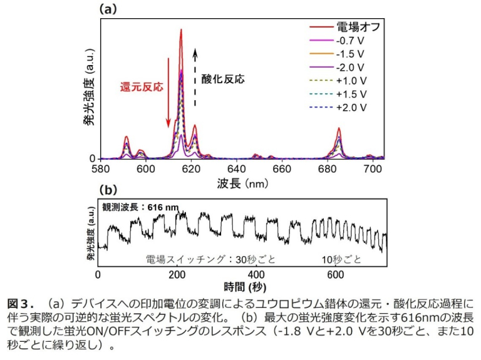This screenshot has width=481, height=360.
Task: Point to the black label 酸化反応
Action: pos(222,80)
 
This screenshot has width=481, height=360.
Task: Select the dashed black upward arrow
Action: pos(195,75)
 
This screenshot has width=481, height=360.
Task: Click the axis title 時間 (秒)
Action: pos(240,287)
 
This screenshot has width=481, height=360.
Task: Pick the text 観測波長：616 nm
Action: pos(137,206)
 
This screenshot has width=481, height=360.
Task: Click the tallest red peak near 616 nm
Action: pos(181,30)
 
